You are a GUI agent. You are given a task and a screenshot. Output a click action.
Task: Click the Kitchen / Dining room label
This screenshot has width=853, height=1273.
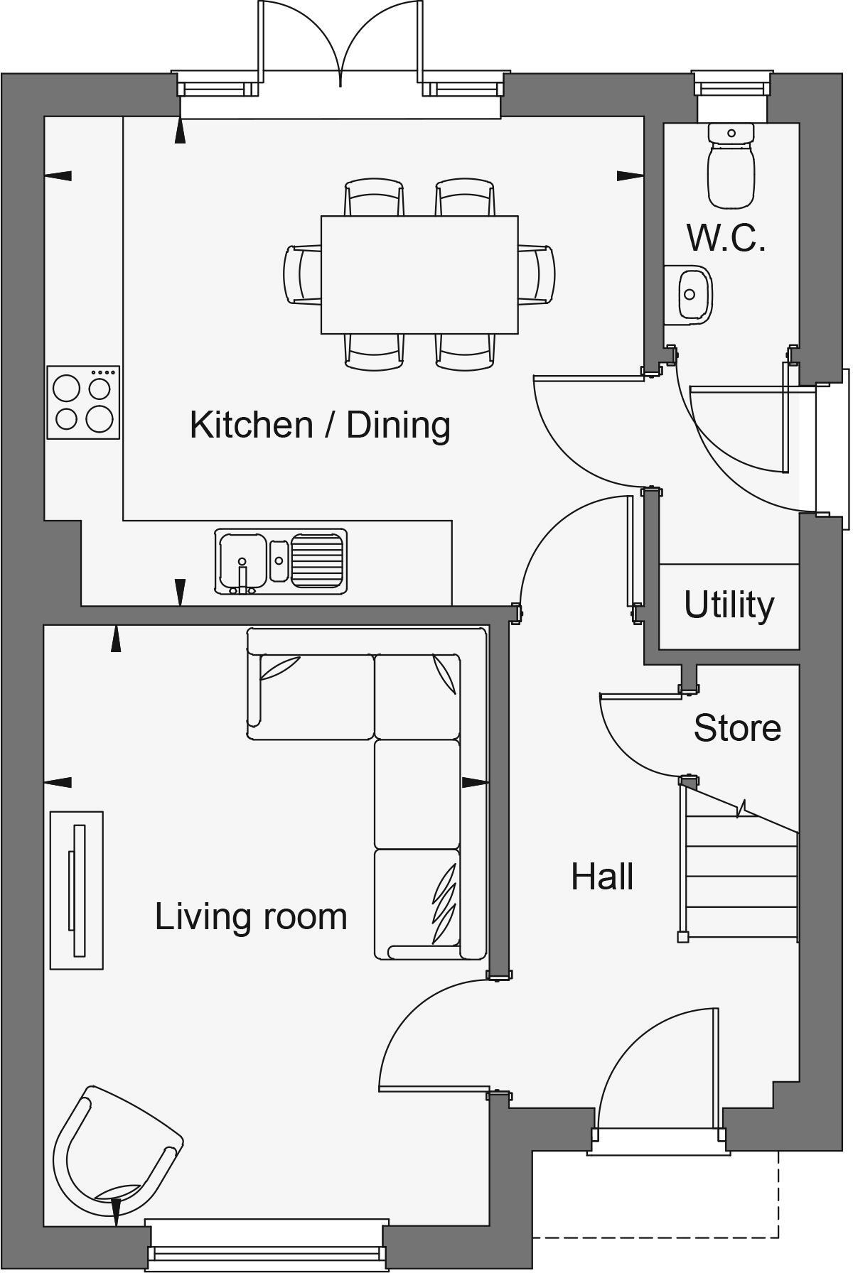tap(320, 426)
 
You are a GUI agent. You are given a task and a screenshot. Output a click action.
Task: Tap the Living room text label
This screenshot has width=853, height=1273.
tap(251, 916)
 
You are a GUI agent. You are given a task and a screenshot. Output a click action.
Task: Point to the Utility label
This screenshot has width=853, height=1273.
tap(729, 605)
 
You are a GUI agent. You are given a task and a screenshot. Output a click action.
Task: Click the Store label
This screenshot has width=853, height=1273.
tap(737, 727)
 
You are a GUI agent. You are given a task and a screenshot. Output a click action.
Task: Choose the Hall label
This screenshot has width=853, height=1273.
tap(602, 877)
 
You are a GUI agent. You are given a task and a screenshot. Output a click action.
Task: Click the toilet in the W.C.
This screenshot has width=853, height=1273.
tap(731, 166)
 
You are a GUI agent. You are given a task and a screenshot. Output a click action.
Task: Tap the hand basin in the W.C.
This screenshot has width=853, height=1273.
tap(688, 293)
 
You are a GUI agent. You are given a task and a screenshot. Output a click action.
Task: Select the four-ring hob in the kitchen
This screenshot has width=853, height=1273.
tap(83, 402)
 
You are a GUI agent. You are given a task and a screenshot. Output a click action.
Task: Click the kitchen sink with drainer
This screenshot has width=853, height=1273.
tap(281, 561)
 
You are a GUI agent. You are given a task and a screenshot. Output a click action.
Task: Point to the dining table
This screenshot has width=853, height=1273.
tap(419, 275)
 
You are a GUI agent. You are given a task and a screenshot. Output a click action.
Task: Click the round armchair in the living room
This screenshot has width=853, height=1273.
tap(117, 1151)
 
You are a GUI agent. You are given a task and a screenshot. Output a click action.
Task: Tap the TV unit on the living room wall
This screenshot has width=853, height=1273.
tap(77, 890)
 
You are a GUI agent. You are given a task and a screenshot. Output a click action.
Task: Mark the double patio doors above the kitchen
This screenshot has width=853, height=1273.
tap(341, 43)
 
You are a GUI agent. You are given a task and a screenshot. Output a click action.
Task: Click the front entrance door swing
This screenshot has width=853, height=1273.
tap(658, 1066)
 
